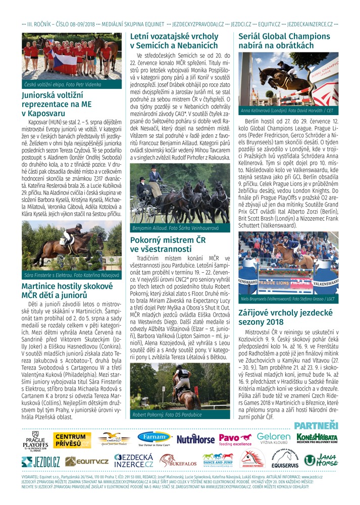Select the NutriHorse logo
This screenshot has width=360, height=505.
[195, 439]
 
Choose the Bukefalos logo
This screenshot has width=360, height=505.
[178, 460]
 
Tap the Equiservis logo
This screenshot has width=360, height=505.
[285, 460]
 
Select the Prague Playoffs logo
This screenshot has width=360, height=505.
[35, 439]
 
